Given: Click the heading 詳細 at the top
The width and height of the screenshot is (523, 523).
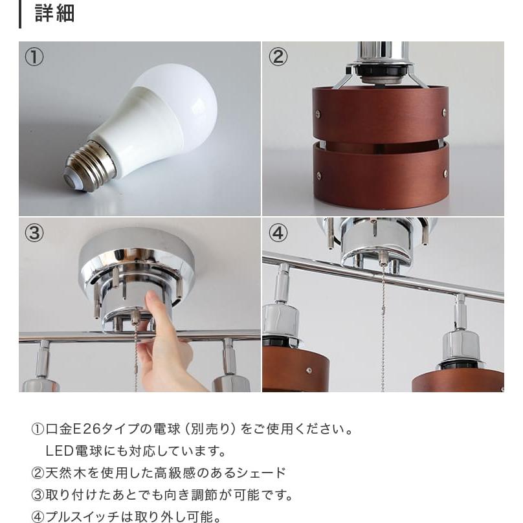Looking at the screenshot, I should point(54,14).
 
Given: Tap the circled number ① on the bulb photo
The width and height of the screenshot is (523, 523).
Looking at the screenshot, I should point(34,57).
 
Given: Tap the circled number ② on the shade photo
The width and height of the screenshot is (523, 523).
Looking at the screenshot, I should point(278,57).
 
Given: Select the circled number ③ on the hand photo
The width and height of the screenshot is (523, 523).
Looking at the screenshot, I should point(34,232).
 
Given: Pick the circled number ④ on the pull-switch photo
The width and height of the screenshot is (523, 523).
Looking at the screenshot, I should point(278,232).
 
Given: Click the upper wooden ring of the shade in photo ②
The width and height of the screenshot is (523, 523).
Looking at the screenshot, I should point(379,114).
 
